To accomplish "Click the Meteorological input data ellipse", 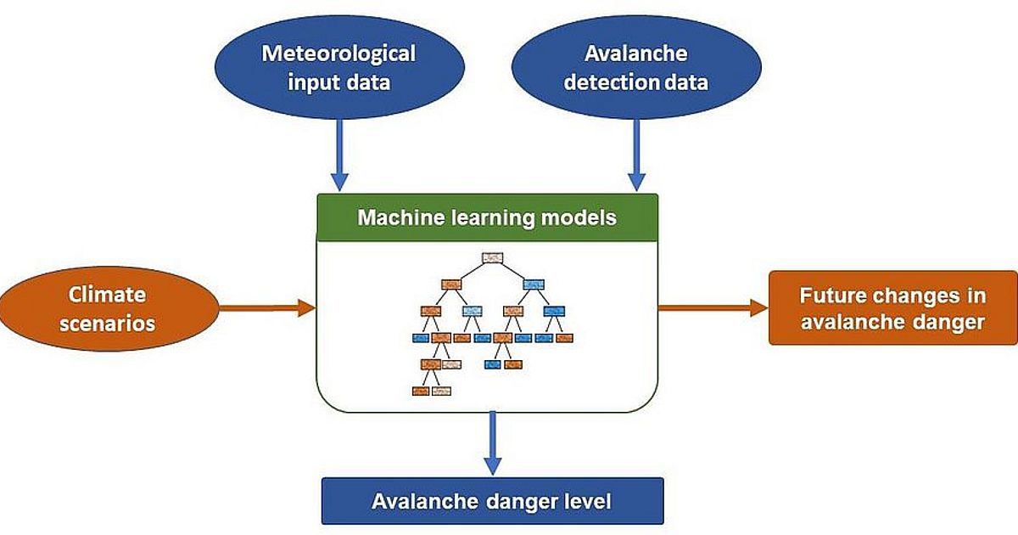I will [338, 68].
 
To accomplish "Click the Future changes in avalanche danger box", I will [892, 308].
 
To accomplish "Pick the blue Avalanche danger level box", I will [491, 501].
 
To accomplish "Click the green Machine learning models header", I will [487, 217].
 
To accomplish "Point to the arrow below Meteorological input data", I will [339, 153].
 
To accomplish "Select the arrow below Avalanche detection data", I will [636, 153].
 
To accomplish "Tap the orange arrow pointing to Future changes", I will [713, 308].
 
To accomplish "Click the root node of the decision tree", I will [494, 257].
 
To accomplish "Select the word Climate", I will [107, 295].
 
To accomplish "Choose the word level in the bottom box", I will [587, 501].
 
